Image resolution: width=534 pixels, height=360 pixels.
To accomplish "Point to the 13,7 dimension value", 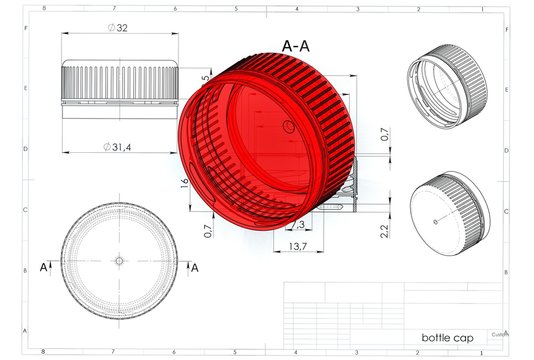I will pyautogui.click(x=297, y=246).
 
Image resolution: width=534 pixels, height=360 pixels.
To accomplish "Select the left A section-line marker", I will pyautogui.click(x=42, y=268).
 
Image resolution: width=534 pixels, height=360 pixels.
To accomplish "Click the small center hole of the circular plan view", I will pyautogui.click(x=118, y=260).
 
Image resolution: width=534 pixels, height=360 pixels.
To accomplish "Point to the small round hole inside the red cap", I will pyautogui.click(x=289, y=126).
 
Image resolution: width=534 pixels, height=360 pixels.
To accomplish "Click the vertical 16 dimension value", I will pyautogui.click(x=184, y=183).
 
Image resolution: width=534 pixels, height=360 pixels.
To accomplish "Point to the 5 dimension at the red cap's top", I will pyautogui.click(x=206, y=77).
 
